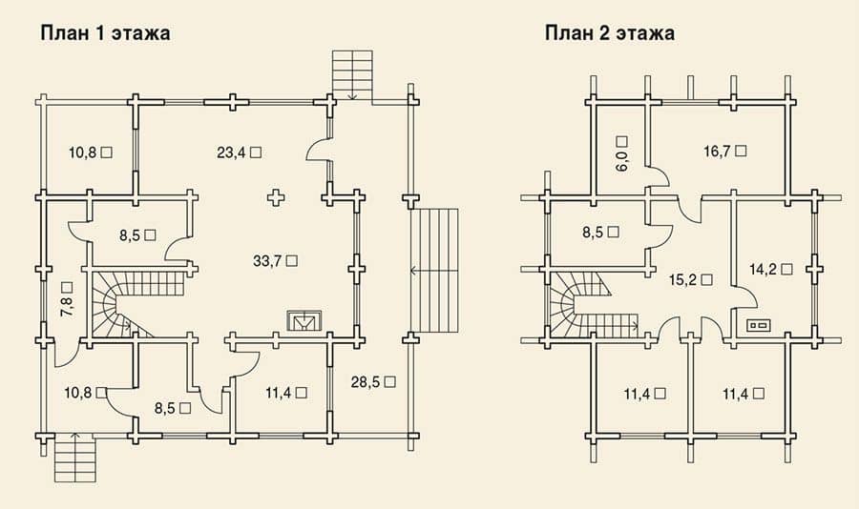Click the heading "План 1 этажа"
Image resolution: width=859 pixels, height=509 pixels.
click(105, 32)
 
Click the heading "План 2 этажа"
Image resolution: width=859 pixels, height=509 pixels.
click(610, 32)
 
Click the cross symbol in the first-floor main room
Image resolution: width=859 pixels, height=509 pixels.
click(276, 197)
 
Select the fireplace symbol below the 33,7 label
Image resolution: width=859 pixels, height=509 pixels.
click(304, 321)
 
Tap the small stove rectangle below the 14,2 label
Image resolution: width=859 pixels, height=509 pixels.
click(759, 326)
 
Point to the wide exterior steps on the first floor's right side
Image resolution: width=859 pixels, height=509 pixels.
click(434, 271)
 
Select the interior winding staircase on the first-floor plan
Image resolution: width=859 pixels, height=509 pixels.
click(131, 304)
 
